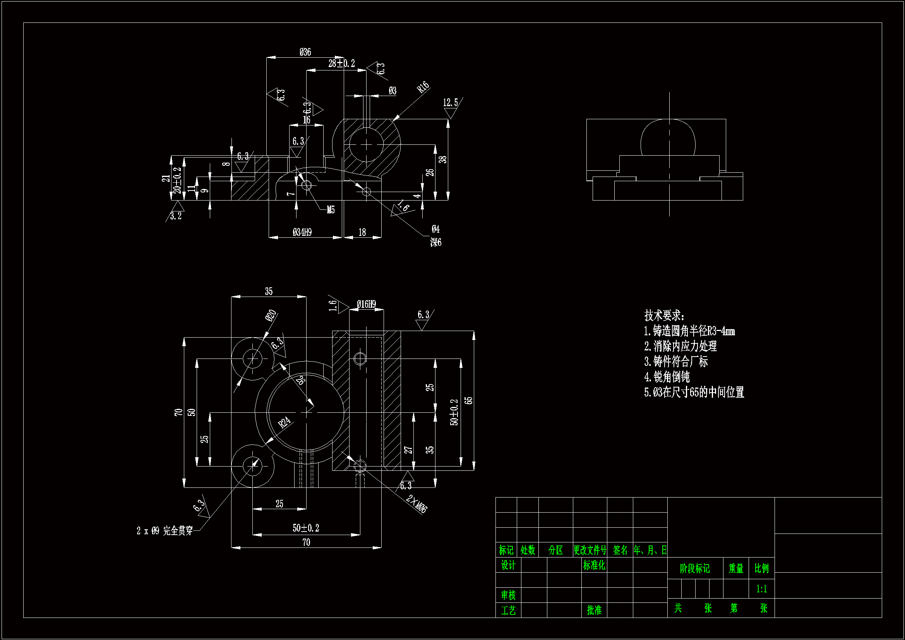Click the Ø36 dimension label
(305, 52)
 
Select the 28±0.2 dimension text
(341, 63)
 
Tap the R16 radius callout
(423, 87)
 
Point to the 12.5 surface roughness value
(450, 103)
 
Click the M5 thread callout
(330, 210)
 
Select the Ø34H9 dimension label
(302, 232)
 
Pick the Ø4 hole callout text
(435, 229)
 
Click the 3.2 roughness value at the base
(176, 216)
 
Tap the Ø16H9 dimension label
(366, 304)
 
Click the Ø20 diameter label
(271, 316)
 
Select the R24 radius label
(284, 422)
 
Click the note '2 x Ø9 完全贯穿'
(165, 531)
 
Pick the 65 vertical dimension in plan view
(468, 401)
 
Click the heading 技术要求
(664, 316)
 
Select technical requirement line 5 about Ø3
(694, 392)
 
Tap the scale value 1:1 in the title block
(761, 589)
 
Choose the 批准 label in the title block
(594, 611)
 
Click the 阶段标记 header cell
(694, 568)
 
